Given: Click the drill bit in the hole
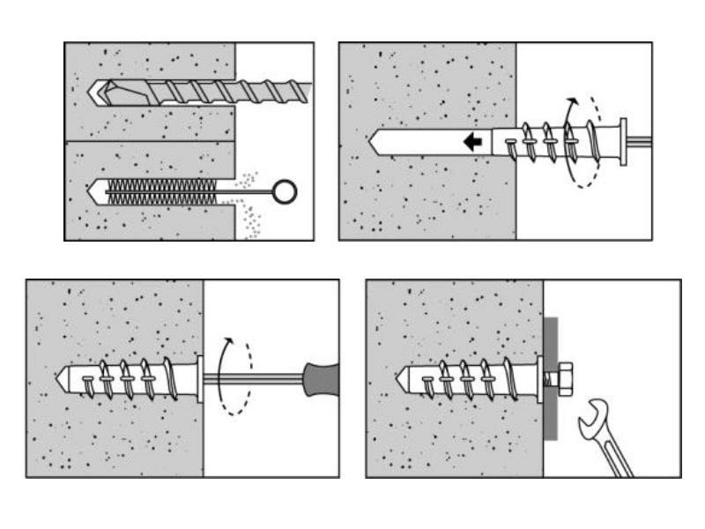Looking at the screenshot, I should coord(203,91).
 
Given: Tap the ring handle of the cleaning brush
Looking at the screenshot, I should coord(284,191).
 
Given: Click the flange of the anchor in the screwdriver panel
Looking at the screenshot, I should coord(200,378).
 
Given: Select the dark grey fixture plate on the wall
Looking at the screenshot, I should coord(550,378).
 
